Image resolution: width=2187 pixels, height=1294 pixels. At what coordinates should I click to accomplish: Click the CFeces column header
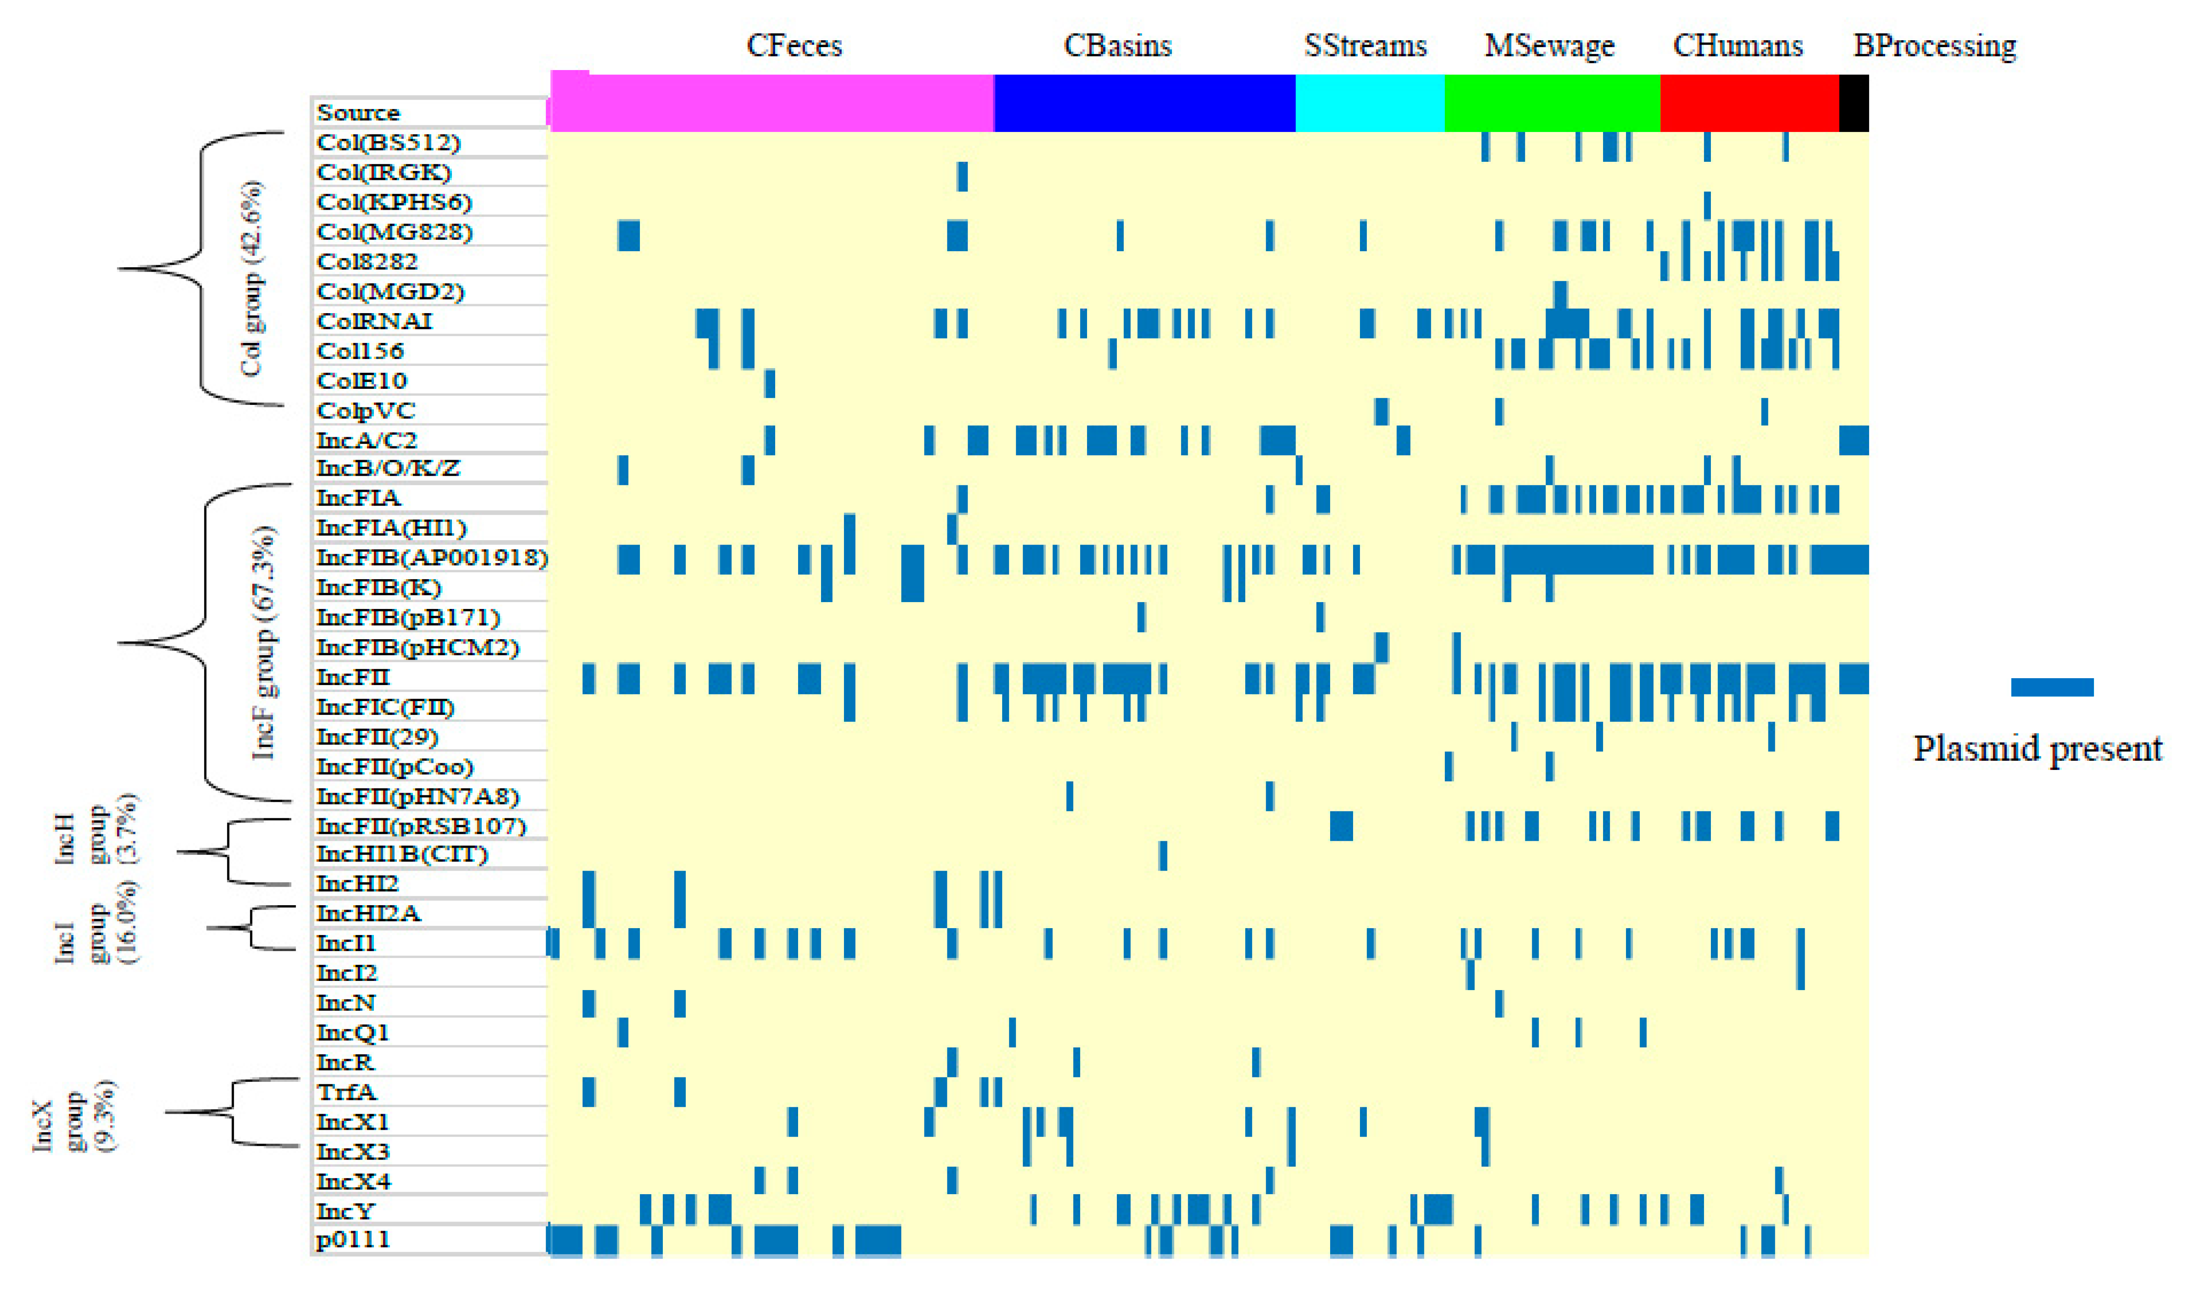[794, 45]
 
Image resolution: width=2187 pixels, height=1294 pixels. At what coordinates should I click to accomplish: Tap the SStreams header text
[1365, 45]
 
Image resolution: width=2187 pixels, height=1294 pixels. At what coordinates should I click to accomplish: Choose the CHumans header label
[1737, 45]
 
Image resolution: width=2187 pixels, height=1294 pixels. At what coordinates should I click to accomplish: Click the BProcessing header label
[1934, 45]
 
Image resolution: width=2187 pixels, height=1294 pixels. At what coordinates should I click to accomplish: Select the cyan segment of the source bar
[1369, 103]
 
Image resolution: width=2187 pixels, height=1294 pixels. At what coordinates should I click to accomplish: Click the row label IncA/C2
[366, 440]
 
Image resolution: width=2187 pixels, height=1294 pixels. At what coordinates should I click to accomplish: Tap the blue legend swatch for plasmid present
[2052, 688]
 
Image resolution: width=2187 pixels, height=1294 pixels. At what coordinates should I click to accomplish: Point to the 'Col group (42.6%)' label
[251, 279]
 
